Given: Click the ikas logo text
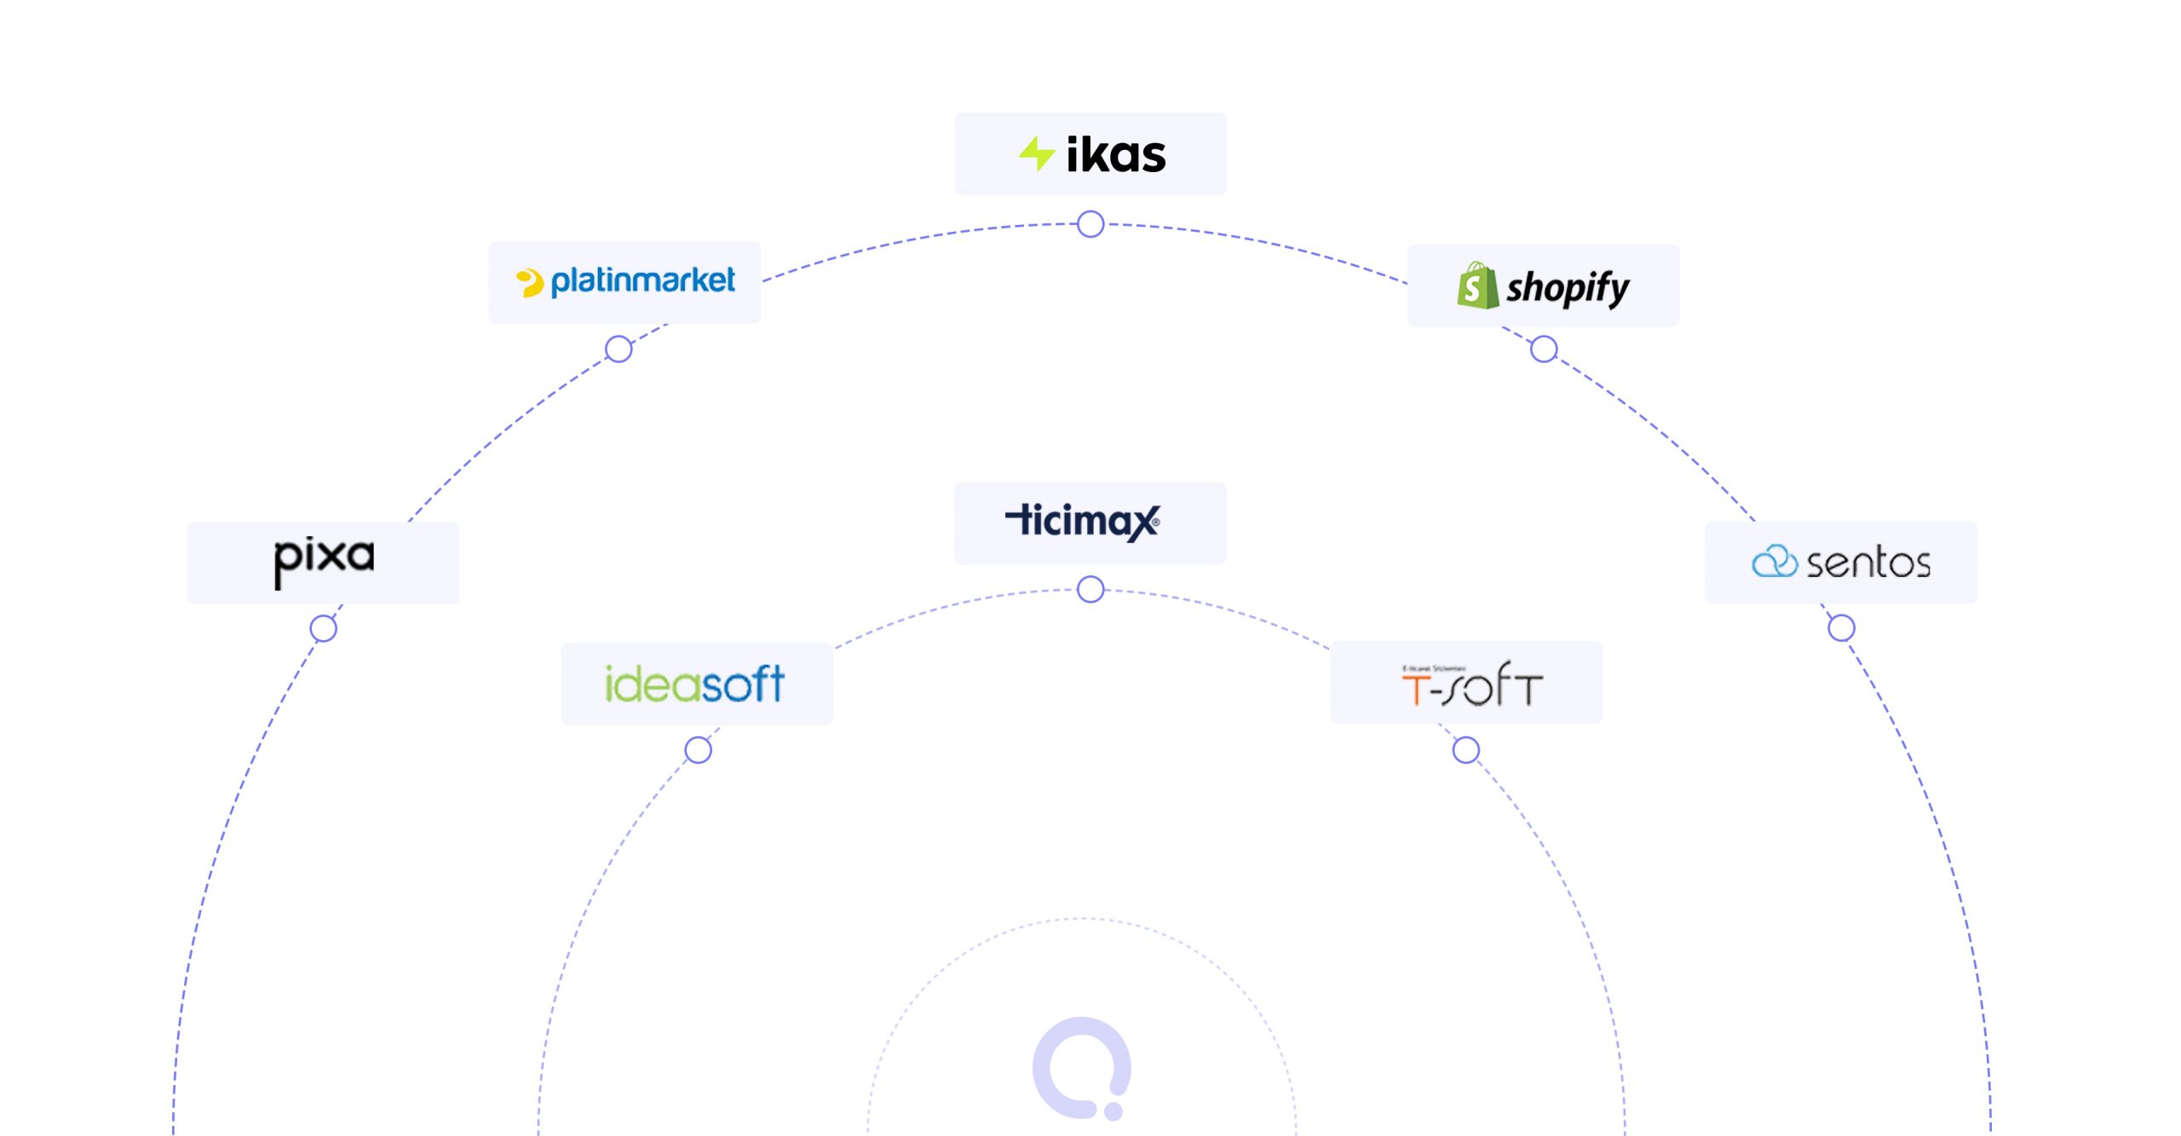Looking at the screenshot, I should tap(1115, 155).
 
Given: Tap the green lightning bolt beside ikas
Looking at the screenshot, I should tap(1037, 154).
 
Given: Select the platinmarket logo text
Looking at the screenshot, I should tap(642, 281).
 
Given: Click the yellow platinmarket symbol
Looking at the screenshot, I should tap(530, 283).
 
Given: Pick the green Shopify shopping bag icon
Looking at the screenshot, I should tap(1476, 286).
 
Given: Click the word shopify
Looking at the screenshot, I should tap(1568, 288).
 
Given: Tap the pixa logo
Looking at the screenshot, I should tap(324, 561).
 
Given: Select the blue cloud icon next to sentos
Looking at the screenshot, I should tap(1774, 562).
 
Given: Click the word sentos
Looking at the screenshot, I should tap(1868, 563).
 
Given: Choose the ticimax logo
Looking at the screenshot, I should tap(1083, 522).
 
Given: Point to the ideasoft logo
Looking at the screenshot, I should tap(694, 683).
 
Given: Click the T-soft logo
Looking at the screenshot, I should tap(1471, 683).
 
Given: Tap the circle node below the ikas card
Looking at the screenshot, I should tap(1090, 224).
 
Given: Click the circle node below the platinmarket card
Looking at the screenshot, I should tap(619, 349).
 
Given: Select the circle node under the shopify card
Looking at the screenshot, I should tap(1544, 349).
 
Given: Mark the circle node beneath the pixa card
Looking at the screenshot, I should tap(324, 629).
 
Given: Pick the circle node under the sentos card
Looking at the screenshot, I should tap(1841, 628).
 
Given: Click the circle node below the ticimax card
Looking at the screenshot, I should tap(1090, 589).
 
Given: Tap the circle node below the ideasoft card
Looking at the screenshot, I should tap(698, 751).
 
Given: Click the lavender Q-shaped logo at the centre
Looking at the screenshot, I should tap(1081, 1068).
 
